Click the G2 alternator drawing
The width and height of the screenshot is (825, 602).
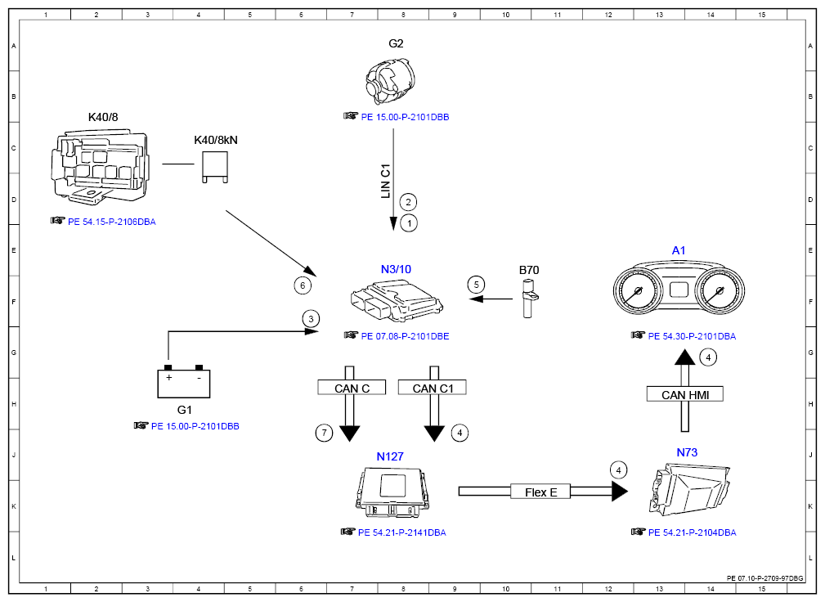tap(390, 83)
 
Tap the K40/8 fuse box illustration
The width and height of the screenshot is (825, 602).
tap(99, 166)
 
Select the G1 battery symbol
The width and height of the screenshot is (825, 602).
tap(183, 381)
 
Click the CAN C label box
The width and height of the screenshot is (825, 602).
tap(352, 388)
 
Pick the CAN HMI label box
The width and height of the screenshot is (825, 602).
tap(684, 395)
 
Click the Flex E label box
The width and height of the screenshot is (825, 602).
tap(540, 492)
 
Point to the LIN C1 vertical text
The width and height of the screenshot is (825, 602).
tap(386, 182)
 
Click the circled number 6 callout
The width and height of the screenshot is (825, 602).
tap(303, 285)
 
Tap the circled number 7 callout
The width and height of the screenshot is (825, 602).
tap(325, 433)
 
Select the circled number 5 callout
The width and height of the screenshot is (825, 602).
tap(476, 285)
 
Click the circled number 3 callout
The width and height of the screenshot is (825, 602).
tap(310, 318)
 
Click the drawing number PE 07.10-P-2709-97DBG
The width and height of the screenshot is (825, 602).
tap(764, 577)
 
